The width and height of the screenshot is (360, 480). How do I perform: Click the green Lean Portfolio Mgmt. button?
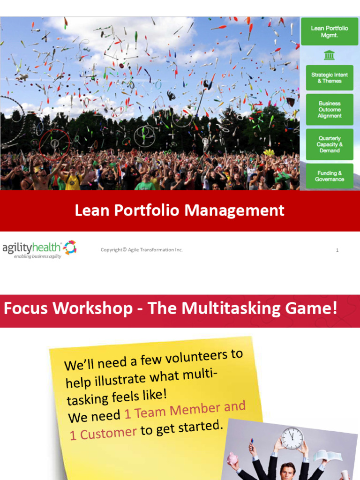point(330,31)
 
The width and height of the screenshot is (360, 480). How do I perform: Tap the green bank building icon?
point(330,55)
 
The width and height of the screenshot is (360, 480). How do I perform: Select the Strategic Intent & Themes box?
point(330,78)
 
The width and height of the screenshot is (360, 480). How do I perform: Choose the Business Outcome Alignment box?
point(330,110)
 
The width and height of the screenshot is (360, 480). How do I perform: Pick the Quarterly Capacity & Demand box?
point(330,144)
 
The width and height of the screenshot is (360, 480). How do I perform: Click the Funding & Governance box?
point(330,176)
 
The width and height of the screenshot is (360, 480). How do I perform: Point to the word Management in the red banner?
point(234,210)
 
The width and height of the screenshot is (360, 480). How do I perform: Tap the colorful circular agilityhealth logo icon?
point(70,247)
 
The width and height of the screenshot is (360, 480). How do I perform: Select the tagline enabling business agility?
point(37,257)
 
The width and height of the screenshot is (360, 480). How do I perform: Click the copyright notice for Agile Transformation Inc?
point(142,250)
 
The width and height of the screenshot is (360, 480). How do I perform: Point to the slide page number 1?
point(337,250)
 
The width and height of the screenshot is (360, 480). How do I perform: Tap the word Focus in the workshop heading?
point(25,308)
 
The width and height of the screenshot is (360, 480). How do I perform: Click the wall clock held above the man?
point(292,438)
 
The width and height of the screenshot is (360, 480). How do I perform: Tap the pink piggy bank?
point(233,458)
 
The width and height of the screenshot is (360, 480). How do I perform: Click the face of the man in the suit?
point(287,471)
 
